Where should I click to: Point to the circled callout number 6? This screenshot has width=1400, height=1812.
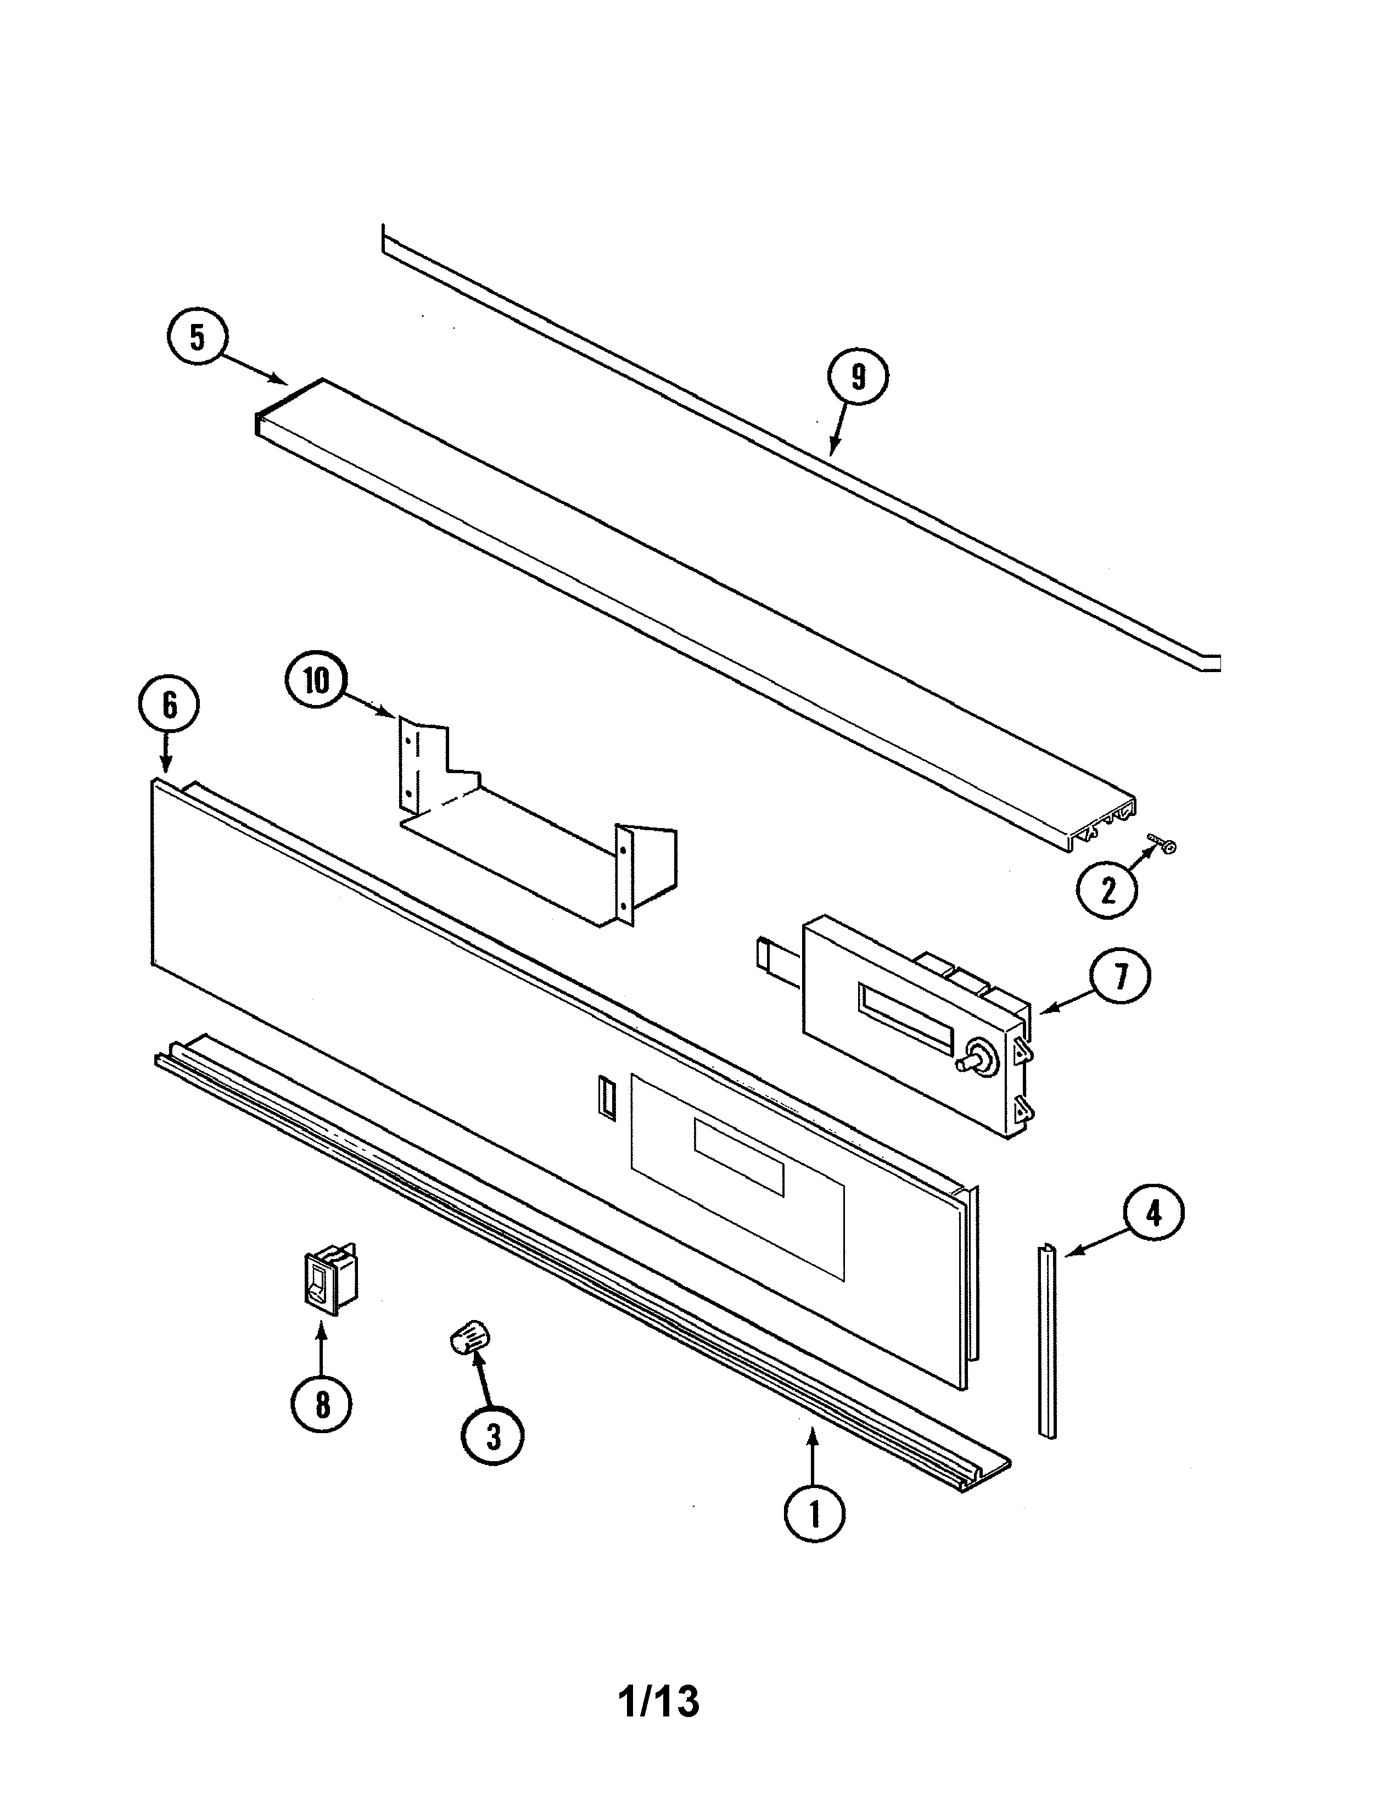coord(169,705)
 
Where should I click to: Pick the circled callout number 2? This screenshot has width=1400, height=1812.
coord(1107,890)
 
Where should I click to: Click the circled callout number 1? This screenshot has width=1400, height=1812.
coord(814,1514)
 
